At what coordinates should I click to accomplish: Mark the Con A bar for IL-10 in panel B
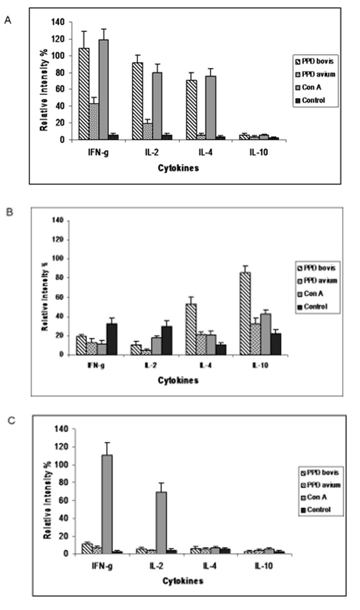[x=266, y=334]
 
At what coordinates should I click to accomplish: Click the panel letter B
[x=7, y=212]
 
